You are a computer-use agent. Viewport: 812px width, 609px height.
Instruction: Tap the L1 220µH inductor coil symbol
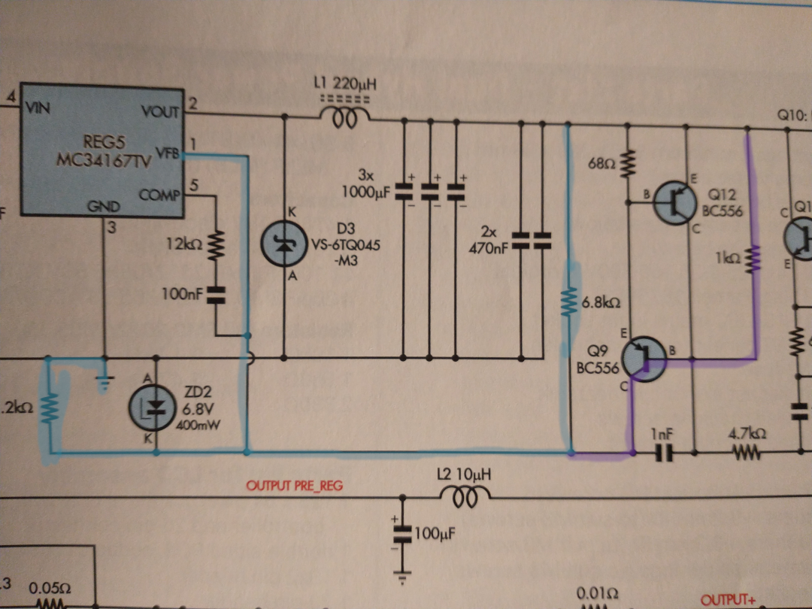pyautogui.click(x=345, y=118)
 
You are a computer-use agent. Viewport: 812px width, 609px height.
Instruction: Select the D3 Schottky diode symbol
pyautogui.click(x=283, y=245)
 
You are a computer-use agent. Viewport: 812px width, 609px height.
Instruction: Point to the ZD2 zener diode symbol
pyautogui.click(x=156, y=406)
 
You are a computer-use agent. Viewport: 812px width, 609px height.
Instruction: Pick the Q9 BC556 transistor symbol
pyautogui.click(x=644, y=356)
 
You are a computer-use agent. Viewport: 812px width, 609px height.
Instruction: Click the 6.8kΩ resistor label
pyautogui.click(x=601, y=304)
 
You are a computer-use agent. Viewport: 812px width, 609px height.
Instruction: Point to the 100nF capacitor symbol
pyautogui.click(x=217, y=295)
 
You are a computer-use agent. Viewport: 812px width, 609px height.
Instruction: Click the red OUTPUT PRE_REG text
pyautogui.click(x=294, y=486)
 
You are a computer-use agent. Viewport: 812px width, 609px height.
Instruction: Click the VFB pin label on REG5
pyautogui.click(x=167, y=155)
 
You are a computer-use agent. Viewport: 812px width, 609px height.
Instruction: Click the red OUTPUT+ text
pyautogui.click(x=727, y=600)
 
